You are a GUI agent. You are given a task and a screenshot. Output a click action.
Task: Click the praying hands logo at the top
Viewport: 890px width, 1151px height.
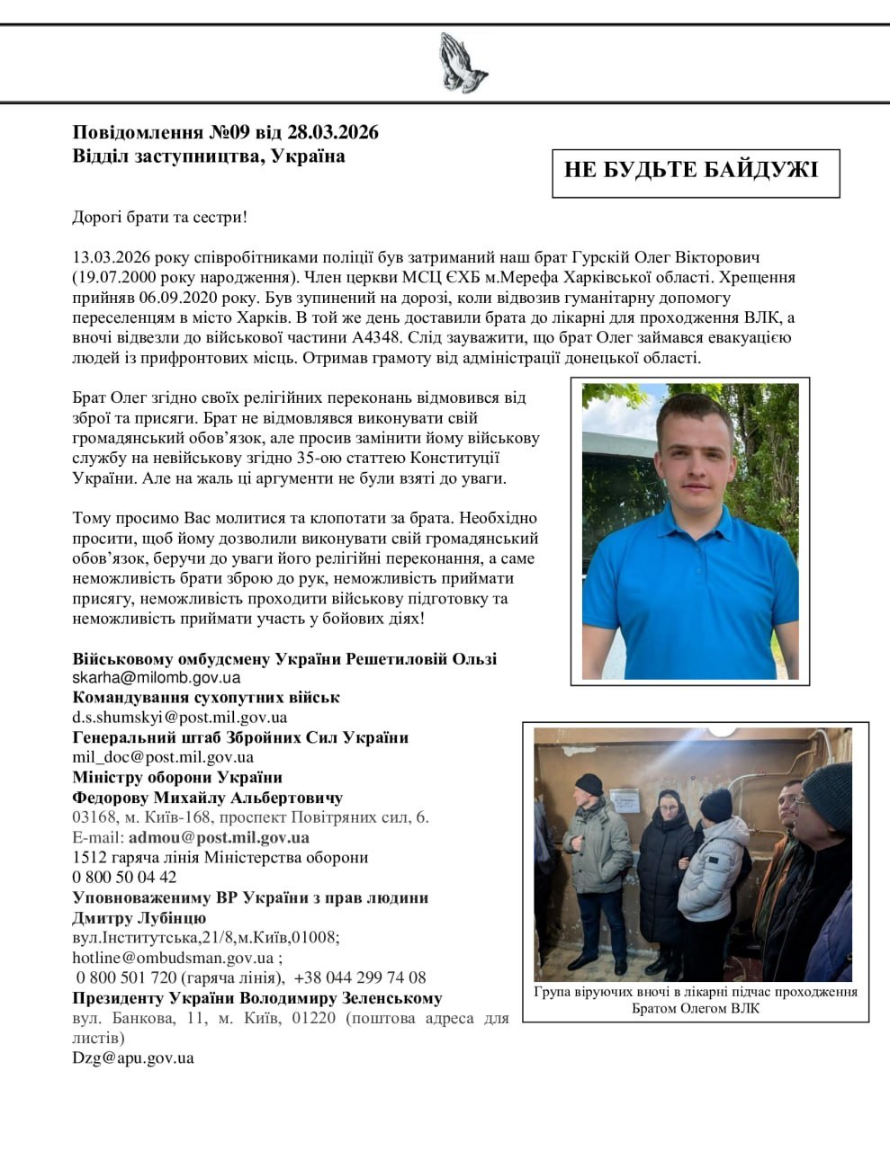tap(463, 63)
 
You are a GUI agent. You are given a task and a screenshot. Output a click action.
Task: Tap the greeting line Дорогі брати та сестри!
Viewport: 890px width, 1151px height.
tap(159, 217)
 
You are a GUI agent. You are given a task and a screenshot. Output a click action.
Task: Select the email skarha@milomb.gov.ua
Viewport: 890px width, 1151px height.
tap(156, 678)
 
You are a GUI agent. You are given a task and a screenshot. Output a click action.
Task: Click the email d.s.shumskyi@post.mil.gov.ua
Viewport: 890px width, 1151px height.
tap(179, 718)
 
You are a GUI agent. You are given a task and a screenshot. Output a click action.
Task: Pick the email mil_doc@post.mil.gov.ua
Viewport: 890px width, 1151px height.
tap(162, 757)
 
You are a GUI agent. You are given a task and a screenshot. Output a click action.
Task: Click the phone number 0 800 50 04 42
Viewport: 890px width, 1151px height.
tap(124, 877)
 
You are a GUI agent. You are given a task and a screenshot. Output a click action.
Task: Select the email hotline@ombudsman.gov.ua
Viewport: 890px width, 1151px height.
tap(173, 957)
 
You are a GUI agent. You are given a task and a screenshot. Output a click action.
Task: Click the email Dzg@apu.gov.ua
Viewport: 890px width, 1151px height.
tap(132, 1057)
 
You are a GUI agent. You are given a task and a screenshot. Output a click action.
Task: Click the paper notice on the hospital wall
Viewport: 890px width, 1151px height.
tap(624, 800)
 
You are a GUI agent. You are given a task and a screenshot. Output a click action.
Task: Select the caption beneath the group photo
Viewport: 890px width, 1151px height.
tap(695, 999)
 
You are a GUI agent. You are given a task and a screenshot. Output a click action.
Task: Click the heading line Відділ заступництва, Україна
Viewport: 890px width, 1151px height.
tap(208, 156)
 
